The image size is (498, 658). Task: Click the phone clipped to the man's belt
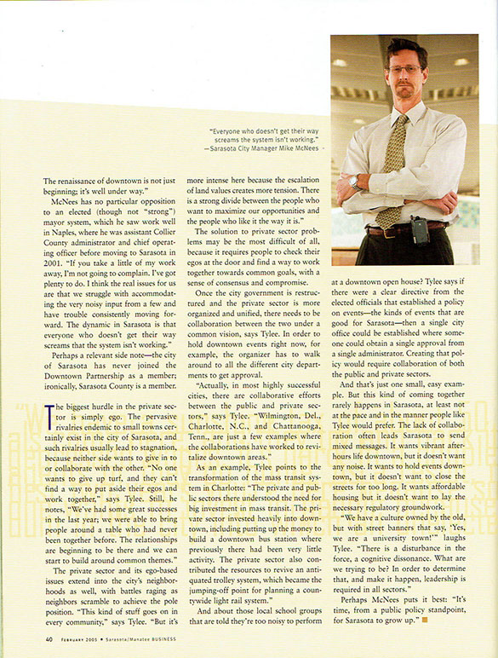420,230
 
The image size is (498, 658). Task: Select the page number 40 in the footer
50,639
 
